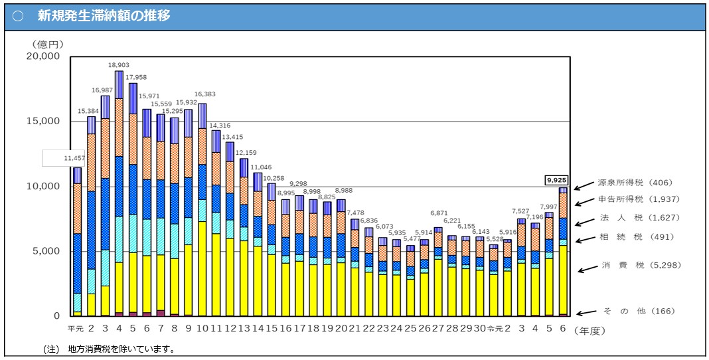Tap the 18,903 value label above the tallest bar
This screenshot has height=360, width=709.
(x=119, y=66)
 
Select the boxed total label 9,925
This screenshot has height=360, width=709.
(x=556, y=180)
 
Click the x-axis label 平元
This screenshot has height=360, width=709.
(x=75, y=329)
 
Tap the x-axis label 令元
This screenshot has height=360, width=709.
(x=495, y=329)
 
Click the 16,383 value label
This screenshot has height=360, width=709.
(x=204, y=95)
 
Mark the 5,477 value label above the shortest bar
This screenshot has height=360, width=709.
(x=412, y=238)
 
